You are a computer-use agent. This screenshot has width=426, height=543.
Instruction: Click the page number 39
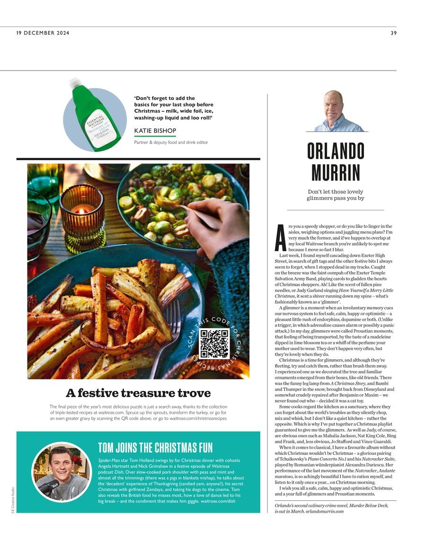(394, 33)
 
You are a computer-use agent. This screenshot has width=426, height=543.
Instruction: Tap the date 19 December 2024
(43, 33)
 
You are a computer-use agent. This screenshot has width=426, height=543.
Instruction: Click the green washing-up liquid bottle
(94, 118)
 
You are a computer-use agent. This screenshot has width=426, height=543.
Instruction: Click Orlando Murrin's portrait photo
(337, 112)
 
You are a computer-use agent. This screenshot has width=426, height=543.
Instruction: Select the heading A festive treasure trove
(138, 393)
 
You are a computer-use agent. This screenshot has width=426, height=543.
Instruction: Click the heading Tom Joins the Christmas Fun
(155, 447)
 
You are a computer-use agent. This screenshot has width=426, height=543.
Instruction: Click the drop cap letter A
(280, 237)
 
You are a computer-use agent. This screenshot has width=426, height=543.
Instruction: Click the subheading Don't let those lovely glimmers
(336, 195)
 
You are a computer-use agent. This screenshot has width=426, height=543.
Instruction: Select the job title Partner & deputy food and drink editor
(171, 142)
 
